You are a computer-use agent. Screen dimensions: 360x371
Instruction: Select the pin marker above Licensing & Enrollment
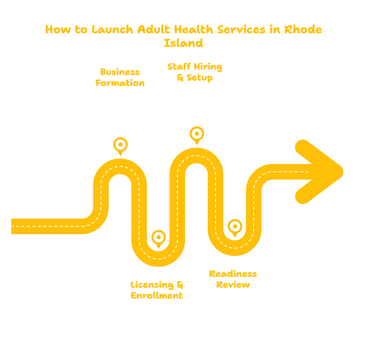(x=158, y=239)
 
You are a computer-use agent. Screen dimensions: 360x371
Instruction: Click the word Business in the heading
(x=120, y=72)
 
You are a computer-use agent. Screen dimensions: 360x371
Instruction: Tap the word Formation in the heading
(x=120, y=83)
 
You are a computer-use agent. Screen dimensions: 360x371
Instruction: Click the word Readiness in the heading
(x=233, y=273)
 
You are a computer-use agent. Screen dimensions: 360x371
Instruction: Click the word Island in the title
(x=184, y=43)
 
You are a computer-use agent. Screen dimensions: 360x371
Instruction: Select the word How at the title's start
(x=55, y=29)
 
